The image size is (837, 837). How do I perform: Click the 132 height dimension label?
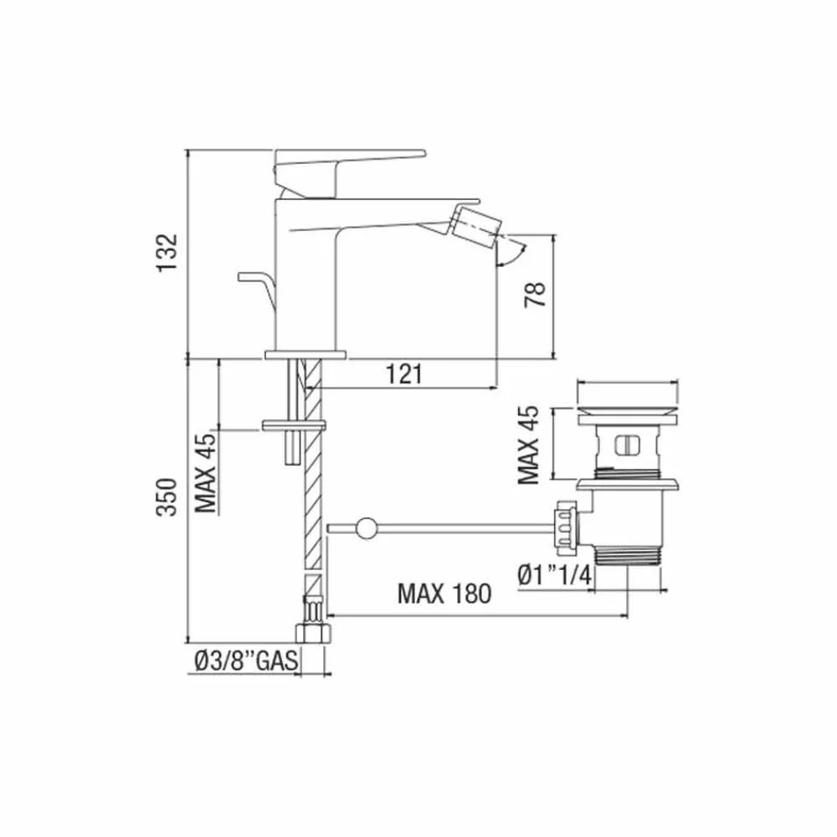coord(167,252)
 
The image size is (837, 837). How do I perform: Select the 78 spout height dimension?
coord(536,294)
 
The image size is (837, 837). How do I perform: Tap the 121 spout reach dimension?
coord(404,374)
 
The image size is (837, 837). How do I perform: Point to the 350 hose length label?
coord(167,497)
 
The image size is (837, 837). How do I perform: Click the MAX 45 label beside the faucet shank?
coord(207,472)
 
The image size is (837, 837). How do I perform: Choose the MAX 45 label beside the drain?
coord(528,445)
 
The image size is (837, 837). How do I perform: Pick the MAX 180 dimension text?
coord(444,593)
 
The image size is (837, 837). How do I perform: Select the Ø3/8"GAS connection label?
coord(246,661)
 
